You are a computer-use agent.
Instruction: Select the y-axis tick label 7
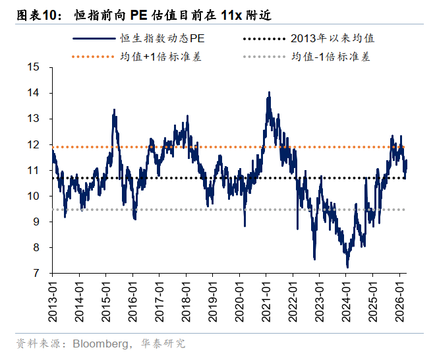(x=36, y=273)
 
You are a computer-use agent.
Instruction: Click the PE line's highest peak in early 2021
(x=269, y=93)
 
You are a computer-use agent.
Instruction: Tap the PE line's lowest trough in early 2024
(x=347, y=266)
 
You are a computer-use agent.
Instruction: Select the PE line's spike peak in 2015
(x=114, y=110)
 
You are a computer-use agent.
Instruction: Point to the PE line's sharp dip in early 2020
(x=245, y=226)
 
